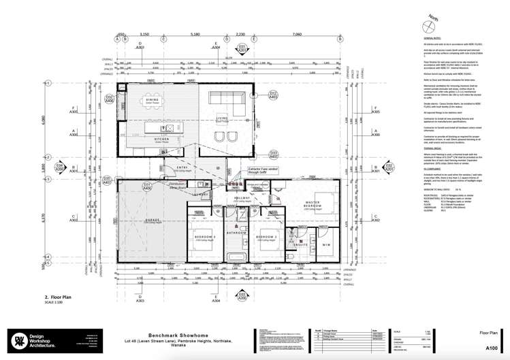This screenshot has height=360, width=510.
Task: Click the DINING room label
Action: click(152, 101)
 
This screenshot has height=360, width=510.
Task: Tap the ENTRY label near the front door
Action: click(163, 167)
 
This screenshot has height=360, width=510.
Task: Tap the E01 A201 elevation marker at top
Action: click(242, 48)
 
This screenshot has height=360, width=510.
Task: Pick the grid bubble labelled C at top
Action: click(217, 39)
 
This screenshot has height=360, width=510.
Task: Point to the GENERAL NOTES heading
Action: click(424, 39)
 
